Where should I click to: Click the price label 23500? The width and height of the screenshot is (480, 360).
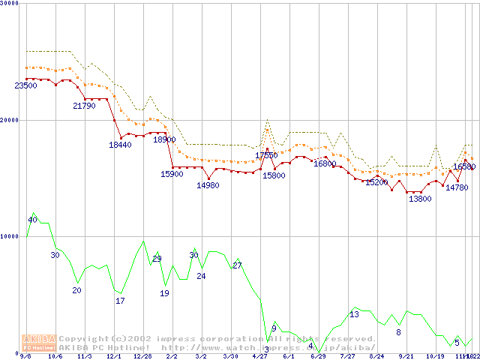pos(25,86)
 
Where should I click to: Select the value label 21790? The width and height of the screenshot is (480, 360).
pos(84,106)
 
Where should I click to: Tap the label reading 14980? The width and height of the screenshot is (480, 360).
pos(208,185)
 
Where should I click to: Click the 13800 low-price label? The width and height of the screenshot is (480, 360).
pos(420,199)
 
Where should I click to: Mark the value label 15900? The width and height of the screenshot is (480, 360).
pos(172,174)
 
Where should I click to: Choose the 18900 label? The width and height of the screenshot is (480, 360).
pos(164,139)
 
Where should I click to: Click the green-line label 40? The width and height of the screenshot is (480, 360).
pos(32,220)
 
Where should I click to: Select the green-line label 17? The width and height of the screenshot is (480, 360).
pos(120,301)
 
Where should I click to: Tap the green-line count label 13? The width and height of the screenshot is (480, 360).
pos(354,314)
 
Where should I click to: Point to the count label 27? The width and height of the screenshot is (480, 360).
pos(237,265)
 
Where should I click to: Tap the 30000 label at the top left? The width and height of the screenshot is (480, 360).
pos(9,3)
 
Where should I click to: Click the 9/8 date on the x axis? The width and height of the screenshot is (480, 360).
pos(25,357)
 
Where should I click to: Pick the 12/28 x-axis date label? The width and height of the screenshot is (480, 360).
pos(142,357)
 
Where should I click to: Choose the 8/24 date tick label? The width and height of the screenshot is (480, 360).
pos(376,357)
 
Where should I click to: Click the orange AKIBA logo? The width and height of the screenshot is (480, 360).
pos(39,342)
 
